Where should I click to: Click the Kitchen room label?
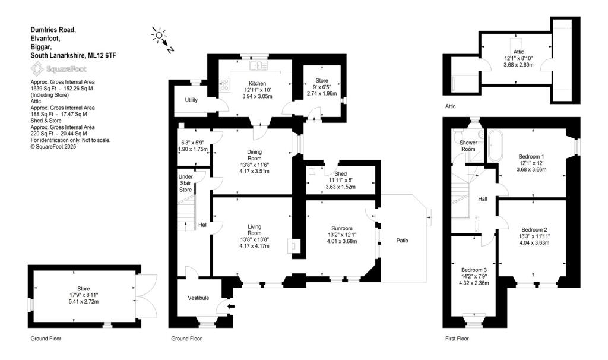(x=257, y=83)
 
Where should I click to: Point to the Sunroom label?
(x=341, y=228)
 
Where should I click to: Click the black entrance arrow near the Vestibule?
(x=231, y=307)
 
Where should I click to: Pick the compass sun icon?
(x=158, y=35)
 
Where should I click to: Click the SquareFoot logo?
(x=59, y=69)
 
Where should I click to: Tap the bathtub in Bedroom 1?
(x=495, y=146)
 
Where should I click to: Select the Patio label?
(x=402, y=241)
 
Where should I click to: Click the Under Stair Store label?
(x=185, y=183)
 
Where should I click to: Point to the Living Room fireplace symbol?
(x=293, y=245)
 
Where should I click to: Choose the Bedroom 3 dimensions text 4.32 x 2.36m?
(x=474, y=283)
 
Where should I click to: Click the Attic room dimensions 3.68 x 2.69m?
(x=518, y=65)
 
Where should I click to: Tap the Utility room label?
(x=191, y=100)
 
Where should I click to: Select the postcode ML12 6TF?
(x=102, y=55)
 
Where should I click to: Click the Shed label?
(x=340, y=174)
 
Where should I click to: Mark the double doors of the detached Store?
(x=147, y=296)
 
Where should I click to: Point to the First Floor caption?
(x=457, y=339)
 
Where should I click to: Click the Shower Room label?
(x=468, y=146)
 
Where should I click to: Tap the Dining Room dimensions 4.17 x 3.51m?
(x=254, y=171)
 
